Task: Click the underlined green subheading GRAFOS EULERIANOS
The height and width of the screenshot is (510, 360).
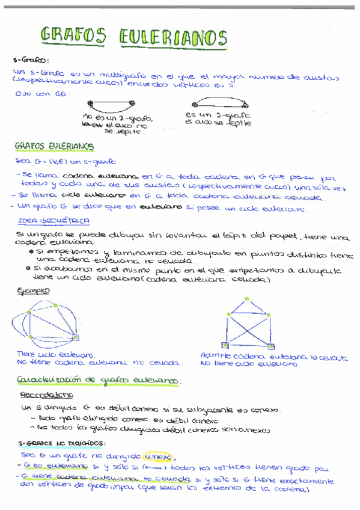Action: pos(53,146)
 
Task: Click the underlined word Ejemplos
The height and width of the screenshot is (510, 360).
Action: pos(34,290)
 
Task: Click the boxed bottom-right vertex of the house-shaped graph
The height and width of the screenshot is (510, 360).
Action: pos(268,345)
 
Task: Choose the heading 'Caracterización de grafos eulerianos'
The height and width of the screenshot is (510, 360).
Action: pos(99,381)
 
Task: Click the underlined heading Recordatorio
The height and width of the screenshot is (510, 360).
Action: pos(46,395)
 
